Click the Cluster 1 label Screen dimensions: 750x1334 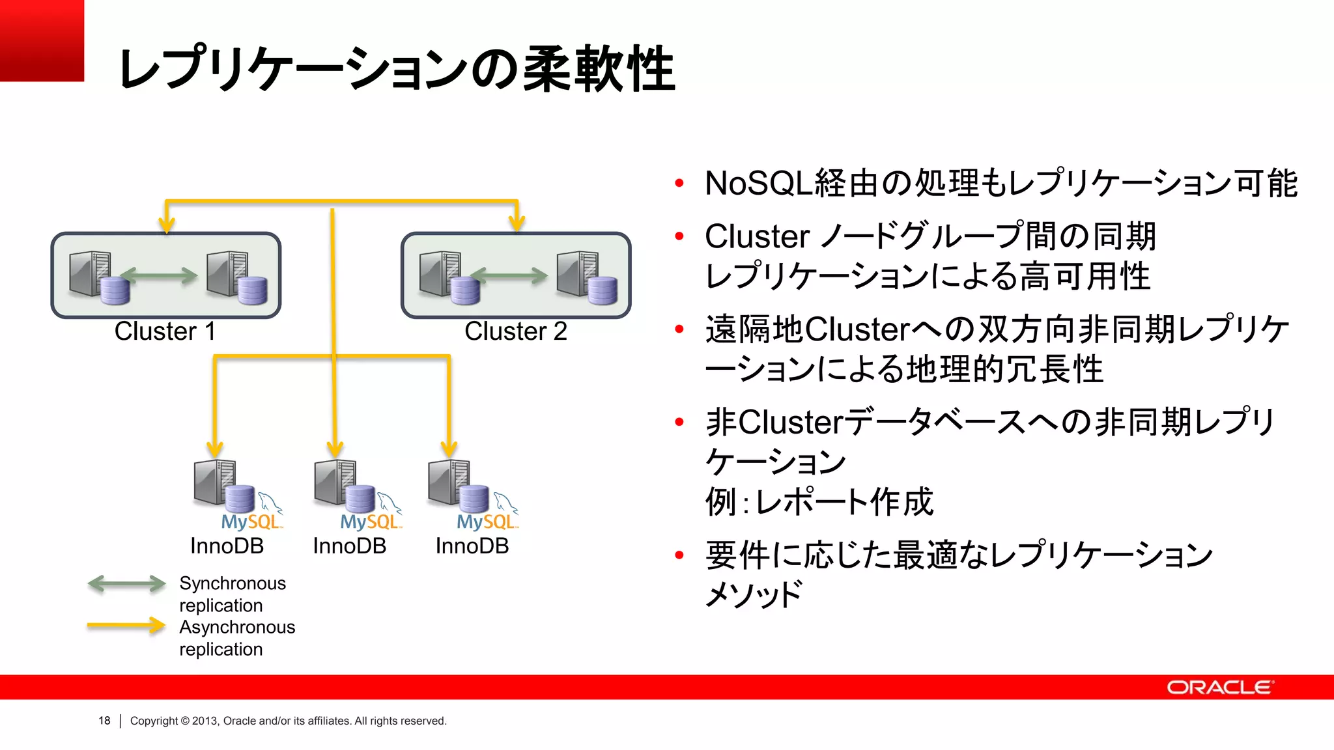tap(165, 331)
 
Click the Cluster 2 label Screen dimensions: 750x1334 tap(515, 331)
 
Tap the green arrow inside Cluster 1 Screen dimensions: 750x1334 tap(160, 276)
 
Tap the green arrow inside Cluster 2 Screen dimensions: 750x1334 tap(509, 276)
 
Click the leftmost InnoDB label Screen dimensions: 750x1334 tap(227, 546)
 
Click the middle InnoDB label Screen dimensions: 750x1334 tap(349, 546)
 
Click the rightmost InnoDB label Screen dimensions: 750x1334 tap(472, 546)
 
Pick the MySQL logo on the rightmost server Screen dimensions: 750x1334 tap(487, 521)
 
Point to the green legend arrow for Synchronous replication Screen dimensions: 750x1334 tap(126, 583)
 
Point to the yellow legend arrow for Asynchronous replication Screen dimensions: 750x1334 tap(126, 626)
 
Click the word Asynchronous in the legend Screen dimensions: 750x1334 tap(237, 627)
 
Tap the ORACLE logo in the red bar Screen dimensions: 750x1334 tap(1219, 687)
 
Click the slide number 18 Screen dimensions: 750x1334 tap(104, 721)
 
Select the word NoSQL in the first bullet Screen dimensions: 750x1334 tap(759, 184)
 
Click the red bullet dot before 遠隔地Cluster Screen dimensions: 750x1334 tap(679, 329)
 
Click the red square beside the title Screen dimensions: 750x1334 tap(42, 40)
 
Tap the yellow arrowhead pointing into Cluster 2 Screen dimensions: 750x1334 tap(517, 223)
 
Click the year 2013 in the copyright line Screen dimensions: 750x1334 tap(205, 721)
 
